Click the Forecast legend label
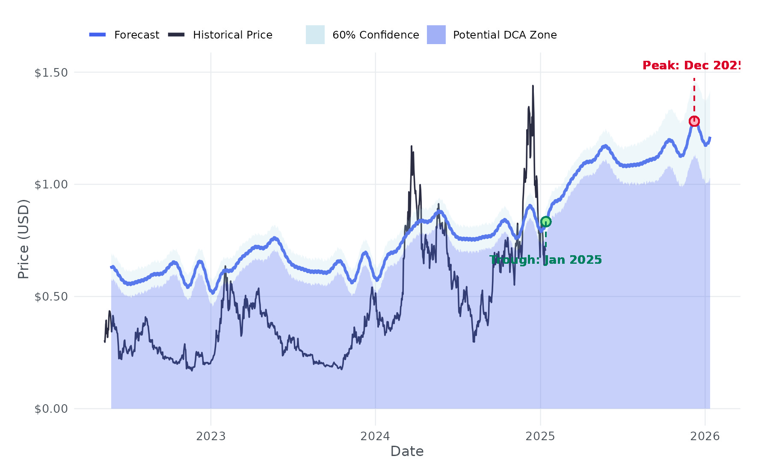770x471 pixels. point(136,35)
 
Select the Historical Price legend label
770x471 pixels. point(232,35)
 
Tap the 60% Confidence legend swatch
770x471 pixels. point(315,35)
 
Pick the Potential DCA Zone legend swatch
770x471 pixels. point(436,35)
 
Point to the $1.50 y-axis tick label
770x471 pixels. point(51,73)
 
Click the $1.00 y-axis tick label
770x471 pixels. point(51,185)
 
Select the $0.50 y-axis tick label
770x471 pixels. point(51,297)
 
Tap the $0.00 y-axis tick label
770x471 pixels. point(51,409)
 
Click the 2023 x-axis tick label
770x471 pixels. point(210,436)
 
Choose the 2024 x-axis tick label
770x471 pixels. point(375,436)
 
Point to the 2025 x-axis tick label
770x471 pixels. point(540,436)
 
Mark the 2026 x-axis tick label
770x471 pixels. point(705,436)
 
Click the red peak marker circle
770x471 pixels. point(694,122)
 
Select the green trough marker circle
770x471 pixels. point(545,221)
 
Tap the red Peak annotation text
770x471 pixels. point(691,66)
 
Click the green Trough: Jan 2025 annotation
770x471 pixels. point(545,260)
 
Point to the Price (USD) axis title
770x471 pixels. point(24,239)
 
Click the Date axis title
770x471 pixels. point(407,451)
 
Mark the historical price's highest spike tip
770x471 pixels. point(533,86)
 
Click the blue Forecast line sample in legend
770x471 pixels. point(98,35)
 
